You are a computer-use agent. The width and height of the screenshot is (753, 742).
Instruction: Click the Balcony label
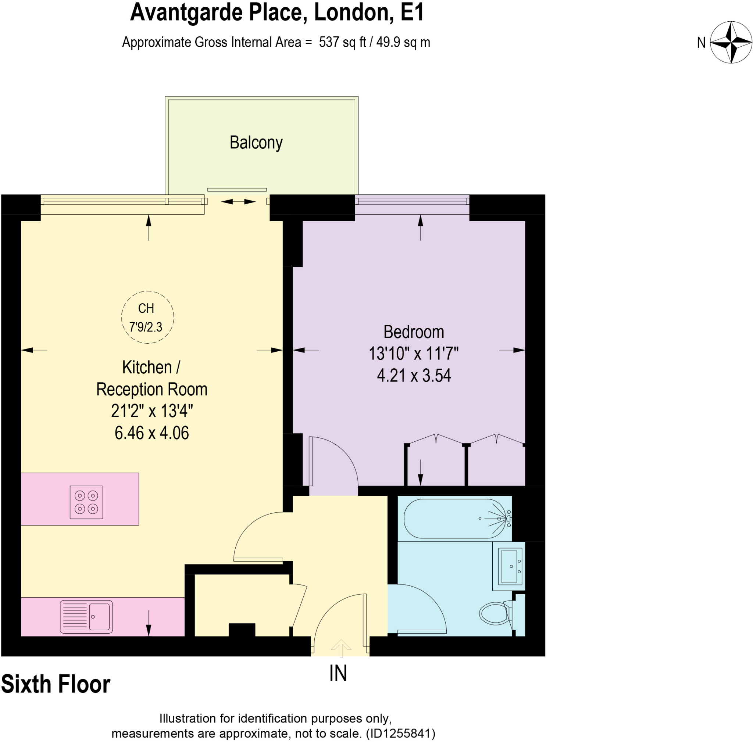[256, 143]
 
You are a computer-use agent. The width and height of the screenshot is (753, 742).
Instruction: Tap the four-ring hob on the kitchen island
[86, 502]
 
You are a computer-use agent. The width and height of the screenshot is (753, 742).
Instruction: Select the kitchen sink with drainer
[86, 617]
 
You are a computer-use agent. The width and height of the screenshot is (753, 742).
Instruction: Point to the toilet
[495, 613]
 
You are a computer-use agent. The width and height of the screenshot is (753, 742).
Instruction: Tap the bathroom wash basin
[508, 566]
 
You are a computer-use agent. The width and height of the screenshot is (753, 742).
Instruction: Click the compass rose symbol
[731, 42]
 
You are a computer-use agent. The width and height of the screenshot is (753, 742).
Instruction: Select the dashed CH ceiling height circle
[147, 317]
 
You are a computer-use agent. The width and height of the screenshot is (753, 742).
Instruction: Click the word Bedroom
[414, 332]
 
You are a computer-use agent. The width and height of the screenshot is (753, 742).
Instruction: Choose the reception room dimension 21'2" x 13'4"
[151, 411]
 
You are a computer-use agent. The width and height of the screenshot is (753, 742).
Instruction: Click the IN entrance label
[338, 673]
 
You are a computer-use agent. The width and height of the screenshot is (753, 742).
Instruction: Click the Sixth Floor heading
[56, 684]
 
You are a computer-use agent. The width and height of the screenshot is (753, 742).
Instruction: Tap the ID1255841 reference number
[400, 734]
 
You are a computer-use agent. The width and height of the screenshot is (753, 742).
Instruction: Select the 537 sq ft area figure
[342, 42]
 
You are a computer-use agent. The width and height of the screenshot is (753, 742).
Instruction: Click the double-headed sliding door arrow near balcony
[238, 202]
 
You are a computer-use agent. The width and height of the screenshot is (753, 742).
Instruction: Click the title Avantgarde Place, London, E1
[277, 12]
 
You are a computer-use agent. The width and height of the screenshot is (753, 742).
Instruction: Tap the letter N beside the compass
[701, 43]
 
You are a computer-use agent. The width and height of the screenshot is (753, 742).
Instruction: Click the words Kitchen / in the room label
[151, 367]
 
